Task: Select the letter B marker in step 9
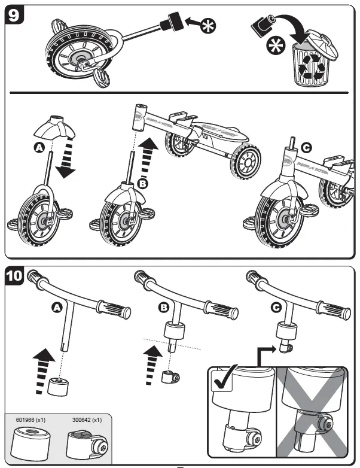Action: point(142,183)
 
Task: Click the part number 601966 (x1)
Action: point(30,421)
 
